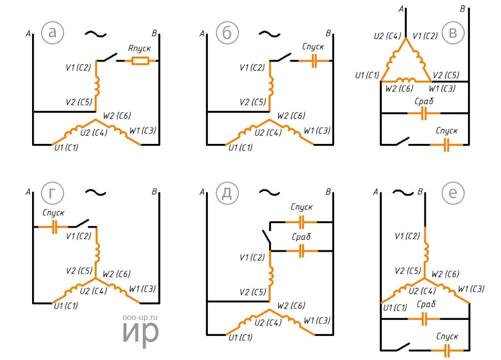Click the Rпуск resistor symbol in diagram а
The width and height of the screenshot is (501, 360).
click(x=140, y=61)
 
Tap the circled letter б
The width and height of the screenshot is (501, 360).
click(x=226, y=33)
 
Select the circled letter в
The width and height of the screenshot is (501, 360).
click(x=453, y=33)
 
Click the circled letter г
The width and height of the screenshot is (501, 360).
click(x=52, y=193)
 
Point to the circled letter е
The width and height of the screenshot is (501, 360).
click(x=453, y=193)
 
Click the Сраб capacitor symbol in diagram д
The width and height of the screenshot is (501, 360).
click(x=301, y=251)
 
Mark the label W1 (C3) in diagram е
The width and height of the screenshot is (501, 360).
click(x=472, y=289)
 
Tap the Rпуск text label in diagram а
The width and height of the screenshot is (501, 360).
click(x=139, y=48)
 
